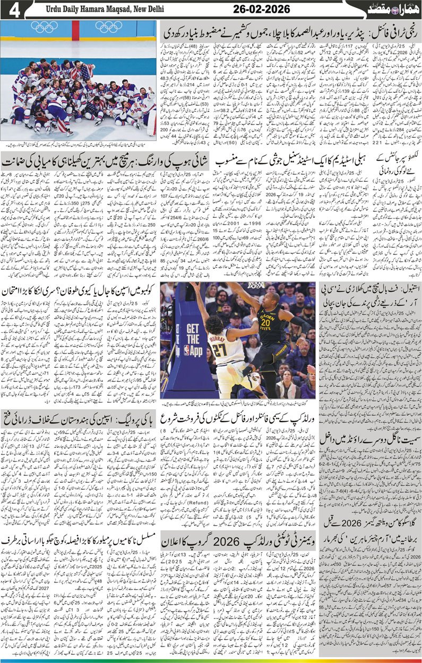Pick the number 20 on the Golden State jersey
[265, 323]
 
